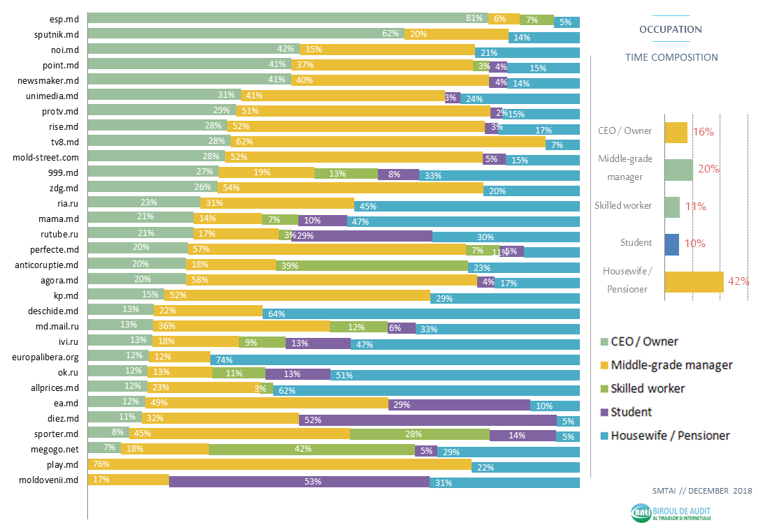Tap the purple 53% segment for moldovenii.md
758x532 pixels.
(x=299, y=482)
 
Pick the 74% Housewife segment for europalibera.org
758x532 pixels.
(x=395, y=359)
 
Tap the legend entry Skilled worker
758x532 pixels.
(x=647, y=388)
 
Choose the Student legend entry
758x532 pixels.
(x=631, y=412)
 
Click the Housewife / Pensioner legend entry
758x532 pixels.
(x=669, y=436)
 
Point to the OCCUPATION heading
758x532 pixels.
(x=671, y=29)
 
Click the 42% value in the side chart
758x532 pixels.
(x=738, y=281)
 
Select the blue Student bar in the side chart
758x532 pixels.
(x=671, y=244)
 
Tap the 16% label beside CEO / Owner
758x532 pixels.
(x=703, y=132)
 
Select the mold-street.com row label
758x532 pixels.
(x=46, y=158)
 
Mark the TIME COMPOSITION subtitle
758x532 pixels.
(x=671, y=57)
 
